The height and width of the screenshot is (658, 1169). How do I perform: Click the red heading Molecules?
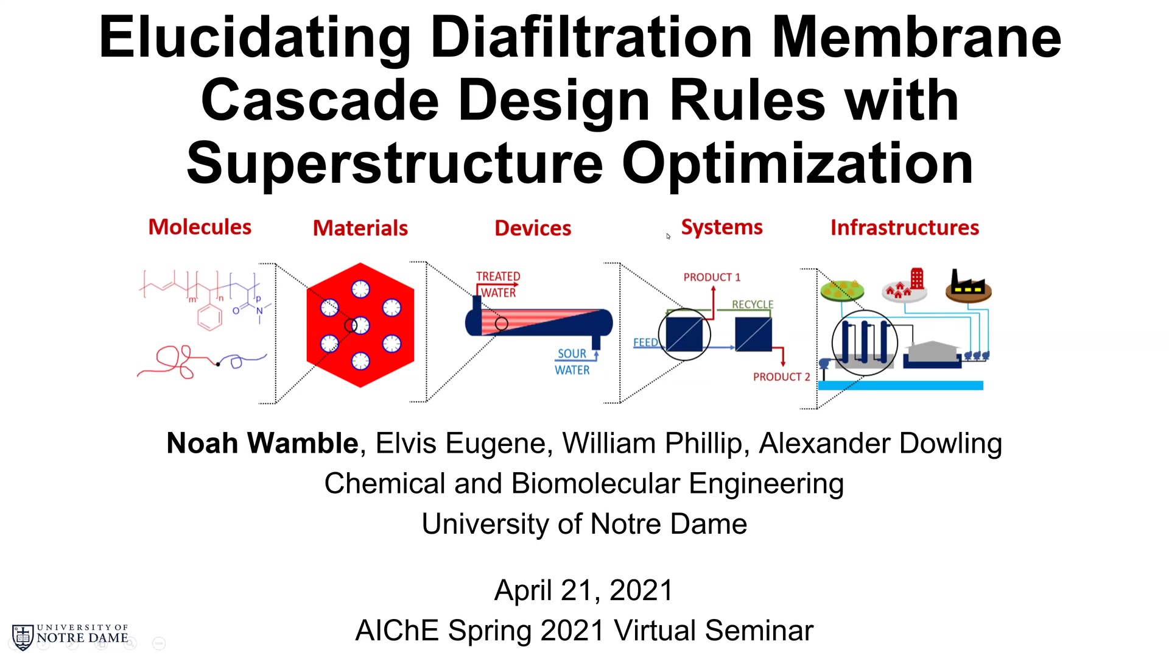pyautogui.click(x=200, y=227)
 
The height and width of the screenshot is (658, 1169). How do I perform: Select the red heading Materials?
pyautogui.click(x=360, y=228)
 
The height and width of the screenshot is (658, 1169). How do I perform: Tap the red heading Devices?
pyautogui.click(x=533, y=228)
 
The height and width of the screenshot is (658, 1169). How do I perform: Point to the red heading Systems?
pyautogui.click(x=721, y=228)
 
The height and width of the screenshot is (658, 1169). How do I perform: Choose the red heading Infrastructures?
pyautogui.click(x=905, y=227)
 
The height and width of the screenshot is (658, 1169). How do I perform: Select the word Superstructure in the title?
pyautogui.click(x=395, y=163)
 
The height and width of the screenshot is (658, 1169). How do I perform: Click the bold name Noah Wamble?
pyautogui.click(x=262, y=443)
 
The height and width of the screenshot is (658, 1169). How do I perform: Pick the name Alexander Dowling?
pyautogui.click(x=880, y=443)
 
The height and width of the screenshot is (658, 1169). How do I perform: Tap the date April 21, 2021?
pyautogui.click(x=584, y=590)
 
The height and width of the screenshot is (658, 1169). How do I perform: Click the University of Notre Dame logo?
pyautogui.click(x=70, y=637)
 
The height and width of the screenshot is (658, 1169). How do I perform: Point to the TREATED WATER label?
pyautogui.click(x=498, y=285)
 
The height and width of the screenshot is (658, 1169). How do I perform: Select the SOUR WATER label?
pyautogui.click(x=572, y=362)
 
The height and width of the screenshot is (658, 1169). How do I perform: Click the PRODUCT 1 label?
pyautogui.click(x=712, y=277)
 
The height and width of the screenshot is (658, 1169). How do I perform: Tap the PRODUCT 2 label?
pyautogui.click(x=782, y=377)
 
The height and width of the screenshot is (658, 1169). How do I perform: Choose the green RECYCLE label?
pyautogui.click(x=753, y=304)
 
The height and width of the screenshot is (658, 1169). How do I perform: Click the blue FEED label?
pyautogui.click(x=645, y=342)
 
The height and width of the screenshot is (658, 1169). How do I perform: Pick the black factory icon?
pyautogui.click(x=968, y=285)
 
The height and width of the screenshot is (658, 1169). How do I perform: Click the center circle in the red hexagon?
pyautogui.click(x=360, y=325)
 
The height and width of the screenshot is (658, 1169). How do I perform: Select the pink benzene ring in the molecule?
pyautogui.click(x=210, y=317)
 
